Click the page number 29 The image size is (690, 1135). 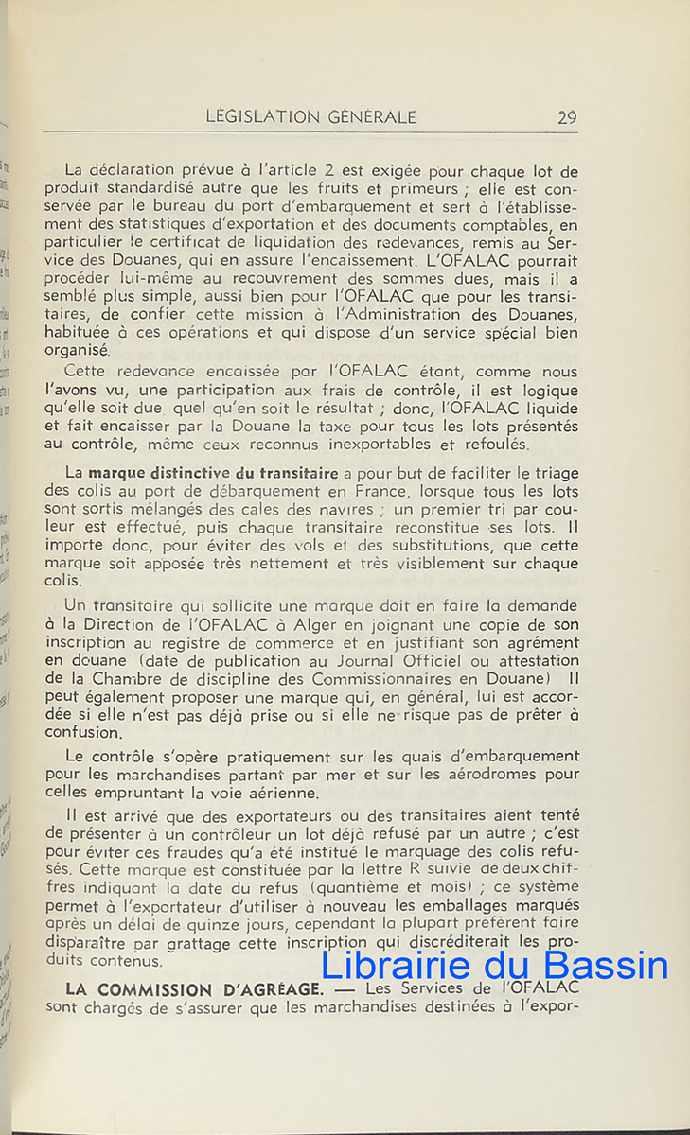(567, 117)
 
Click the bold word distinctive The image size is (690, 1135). (195, 473)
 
